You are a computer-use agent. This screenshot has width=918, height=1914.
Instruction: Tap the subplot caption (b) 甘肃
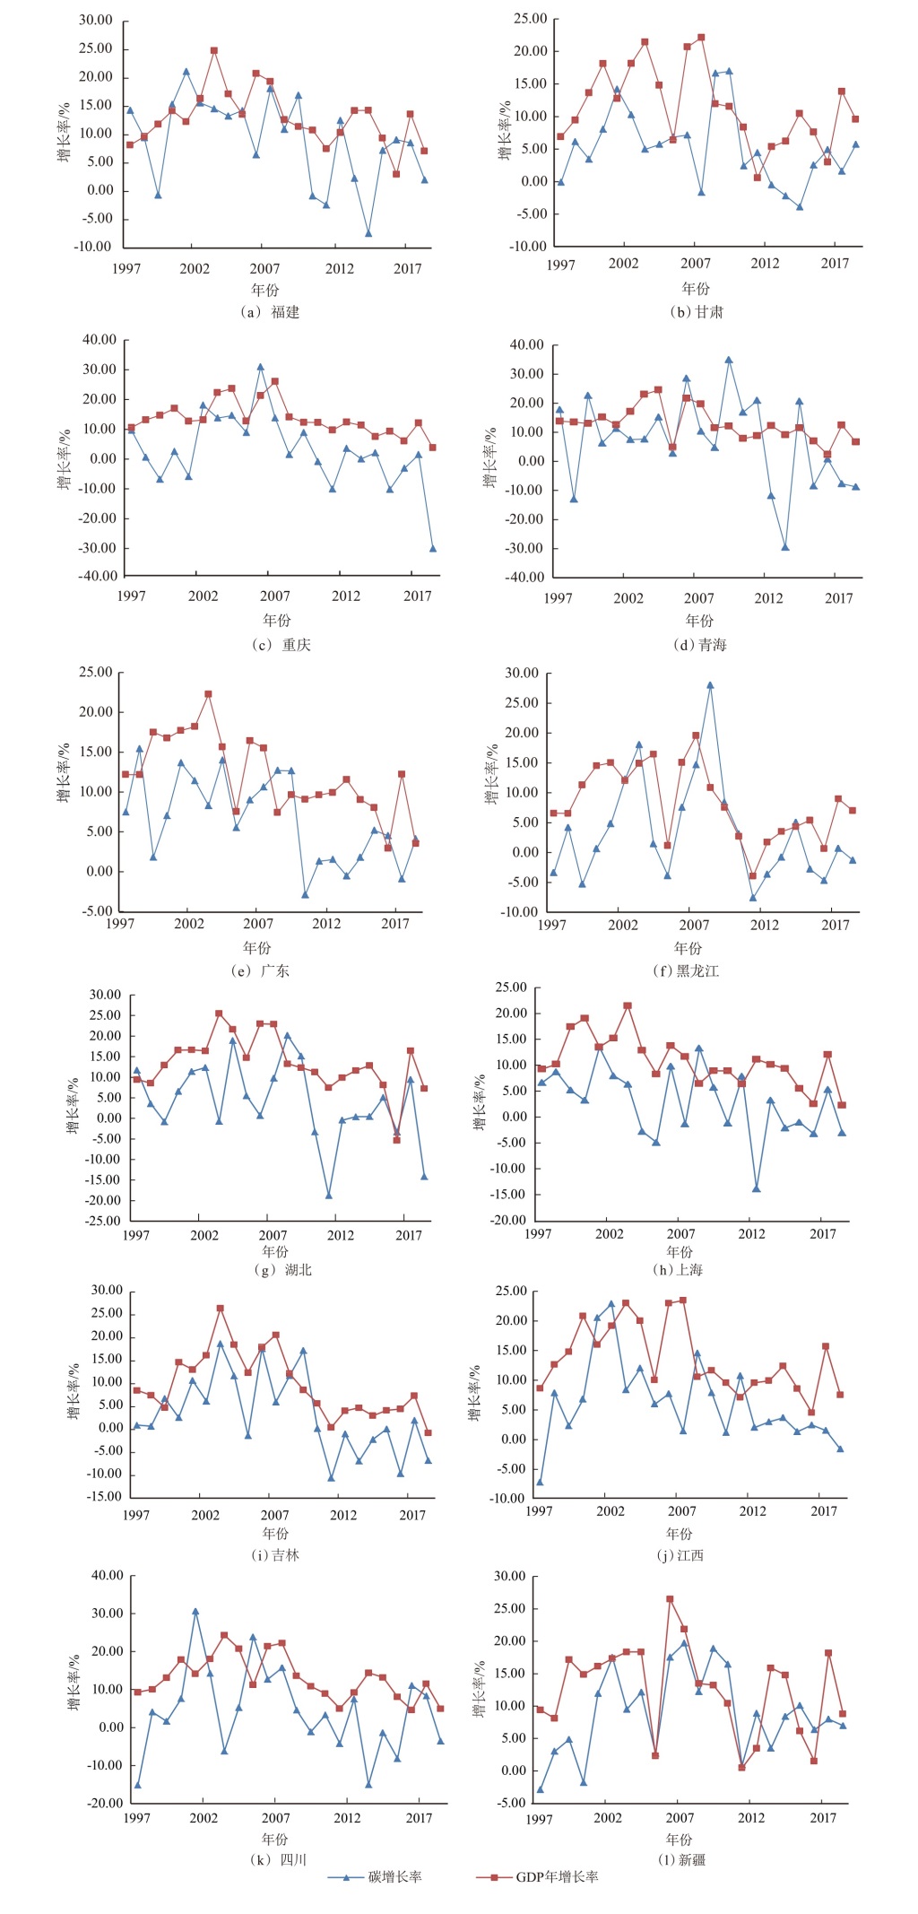point(696,312)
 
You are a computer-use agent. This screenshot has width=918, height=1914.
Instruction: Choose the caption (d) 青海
point(699,645)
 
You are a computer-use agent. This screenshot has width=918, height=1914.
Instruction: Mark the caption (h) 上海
point(678,1270)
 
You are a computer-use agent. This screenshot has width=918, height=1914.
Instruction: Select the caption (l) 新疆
point(681,1859)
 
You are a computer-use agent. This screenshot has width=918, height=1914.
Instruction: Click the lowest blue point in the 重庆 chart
point(433,548)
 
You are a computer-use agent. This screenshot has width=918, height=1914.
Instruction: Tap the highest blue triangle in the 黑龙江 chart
point(710,685)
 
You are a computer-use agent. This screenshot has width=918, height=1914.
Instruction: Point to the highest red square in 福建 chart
point(214,51)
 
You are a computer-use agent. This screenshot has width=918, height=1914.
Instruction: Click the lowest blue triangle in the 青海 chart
point(785,547)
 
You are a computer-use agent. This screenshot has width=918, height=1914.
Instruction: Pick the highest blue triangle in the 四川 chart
point(195,1612)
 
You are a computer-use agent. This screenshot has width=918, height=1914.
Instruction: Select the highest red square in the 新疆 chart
point(670,1599)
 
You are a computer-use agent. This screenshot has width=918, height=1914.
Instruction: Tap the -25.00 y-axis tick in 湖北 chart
point(103,1221)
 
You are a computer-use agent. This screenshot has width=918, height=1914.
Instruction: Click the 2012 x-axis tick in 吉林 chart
point(343,1515)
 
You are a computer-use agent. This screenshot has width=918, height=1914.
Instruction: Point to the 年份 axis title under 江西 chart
point(680,1534)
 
